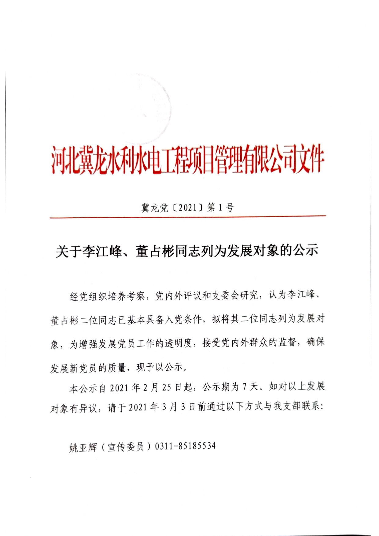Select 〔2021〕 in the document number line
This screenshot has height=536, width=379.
pos(187,208)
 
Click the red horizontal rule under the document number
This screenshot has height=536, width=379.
pos(188,217)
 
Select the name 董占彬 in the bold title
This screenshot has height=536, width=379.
pos(156,251)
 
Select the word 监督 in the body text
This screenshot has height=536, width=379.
pos(287,342)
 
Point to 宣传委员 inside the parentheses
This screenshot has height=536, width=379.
pos(126,447)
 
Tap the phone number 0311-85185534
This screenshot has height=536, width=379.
pos(185,446)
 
